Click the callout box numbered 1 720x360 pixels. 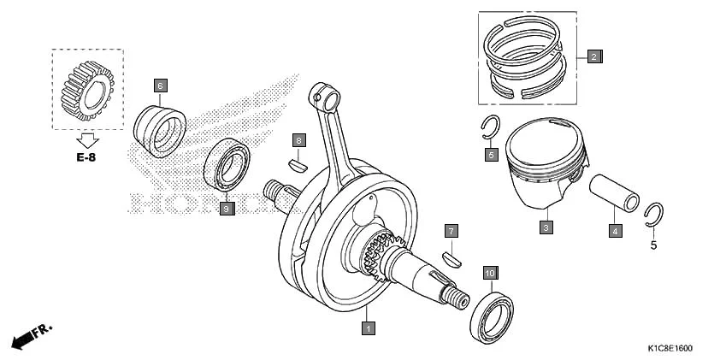tap(368, 327)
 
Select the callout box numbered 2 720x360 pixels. tap(594, 57)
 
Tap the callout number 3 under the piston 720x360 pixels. tap(545, 228)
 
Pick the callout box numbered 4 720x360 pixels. tap(614, 229)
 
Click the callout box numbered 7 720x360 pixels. tap(451, 231)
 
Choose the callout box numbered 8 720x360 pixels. tap(298, 139)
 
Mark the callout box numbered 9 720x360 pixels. tap(226, 208)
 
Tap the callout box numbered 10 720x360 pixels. tap(489, 274)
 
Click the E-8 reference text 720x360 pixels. tap(87, 157)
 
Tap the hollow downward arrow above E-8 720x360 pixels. tap(87, 139)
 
